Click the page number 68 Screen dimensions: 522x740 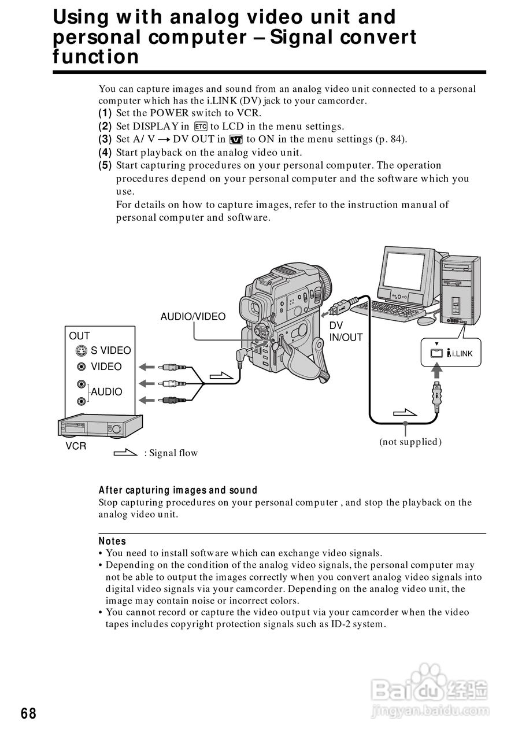28,713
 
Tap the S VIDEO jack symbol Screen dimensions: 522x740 82,350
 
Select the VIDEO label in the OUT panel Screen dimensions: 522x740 106,367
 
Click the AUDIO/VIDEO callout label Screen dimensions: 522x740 193,316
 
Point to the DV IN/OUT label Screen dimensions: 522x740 346,331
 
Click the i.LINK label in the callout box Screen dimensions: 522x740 460,353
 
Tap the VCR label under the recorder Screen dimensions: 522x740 76,446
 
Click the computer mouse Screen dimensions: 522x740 427,320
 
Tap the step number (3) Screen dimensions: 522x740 105,139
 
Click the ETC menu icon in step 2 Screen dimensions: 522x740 201,127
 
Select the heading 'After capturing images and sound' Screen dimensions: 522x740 177,490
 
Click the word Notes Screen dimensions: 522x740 112,541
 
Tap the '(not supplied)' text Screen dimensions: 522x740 410,442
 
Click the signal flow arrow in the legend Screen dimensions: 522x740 125,453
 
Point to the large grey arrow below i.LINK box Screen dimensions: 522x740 437,371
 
